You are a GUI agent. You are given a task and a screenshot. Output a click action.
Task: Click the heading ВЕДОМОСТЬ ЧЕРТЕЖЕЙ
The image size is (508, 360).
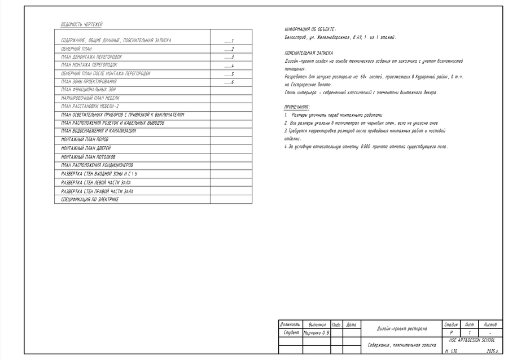point(82,25)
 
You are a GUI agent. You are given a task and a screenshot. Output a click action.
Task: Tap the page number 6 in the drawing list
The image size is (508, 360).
point(232,82)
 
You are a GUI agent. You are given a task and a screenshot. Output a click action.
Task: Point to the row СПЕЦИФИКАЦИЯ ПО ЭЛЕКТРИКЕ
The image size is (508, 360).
point(90,200)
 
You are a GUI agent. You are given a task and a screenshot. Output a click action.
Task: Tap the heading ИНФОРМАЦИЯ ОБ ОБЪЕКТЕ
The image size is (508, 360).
point(310,29)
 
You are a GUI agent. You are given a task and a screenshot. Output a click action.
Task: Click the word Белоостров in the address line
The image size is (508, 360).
point(296,37)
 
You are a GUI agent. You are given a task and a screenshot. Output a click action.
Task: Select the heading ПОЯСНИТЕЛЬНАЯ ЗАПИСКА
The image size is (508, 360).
point(309,52)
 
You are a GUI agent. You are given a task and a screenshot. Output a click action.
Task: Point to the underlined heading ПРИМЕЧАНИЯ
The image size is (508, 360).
point(297,107)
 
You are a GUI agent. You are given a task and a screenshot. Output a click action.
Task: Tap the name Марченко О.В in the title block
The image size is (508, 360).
point(317,333)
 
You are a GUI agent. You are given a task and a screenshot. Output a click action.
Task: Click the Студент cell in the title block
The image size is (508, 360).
point(290,333)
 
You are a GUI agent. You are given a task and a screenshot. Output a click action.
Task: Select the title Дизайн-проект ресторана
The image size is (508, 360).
point(402,328)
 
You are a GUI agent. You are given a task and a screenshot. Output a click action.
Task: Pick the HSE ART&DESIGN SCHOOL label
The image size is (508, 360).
point(472,340)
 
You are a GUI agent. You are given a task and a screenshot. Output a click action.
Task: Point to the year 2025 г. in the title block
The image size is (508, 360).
point(492,351)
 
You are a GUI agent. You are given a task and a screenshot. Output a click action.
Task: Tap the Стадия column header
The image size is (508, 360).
point(451,324)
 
